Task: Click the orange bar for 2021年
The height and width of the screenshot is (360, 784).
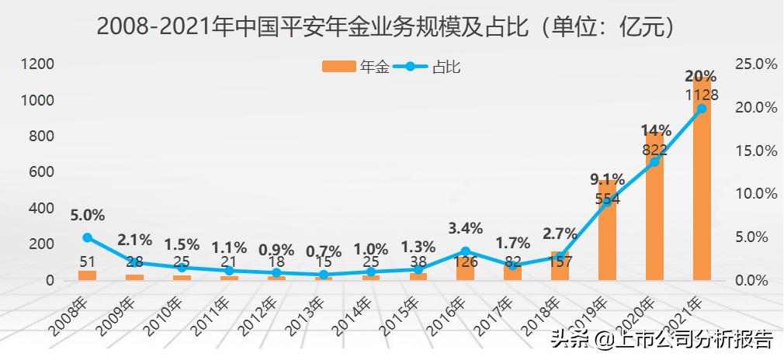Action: click(x=702, y=194)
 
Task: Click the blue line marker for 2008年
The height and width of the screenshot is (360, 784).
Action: click(x=87, y=237)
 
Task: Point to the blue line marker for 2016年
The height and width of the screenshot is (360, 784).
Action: click(x=465, y=251)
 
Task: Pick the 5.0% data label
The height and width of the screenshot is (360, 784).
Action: click(x=87, y=215)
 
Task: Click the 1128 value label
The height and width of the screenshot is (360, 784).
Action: click(x=701, y=95)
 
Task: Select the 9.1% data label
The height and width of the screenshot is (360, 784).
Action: click(x=607, y=180)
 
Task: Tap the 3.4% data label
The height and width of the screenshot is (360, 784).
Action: click(x=465, y=228)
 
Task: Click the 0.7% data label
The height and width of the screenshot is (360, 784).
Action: click(x=323, y=251)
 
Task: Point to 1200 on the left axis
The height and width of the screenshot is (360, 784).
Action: click(x=37, y=64)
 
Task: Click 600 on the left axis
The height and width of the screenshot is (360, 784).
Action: click(x=42, y=171)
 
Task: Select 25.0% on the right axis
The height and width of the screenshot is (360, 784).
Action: click(x=755, y=64)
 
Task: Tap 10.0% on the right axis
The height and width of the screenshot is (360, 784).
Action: click(x=755, y=193)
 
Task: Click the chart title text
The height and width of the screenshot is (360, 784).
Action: click(x=391, y=26)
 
